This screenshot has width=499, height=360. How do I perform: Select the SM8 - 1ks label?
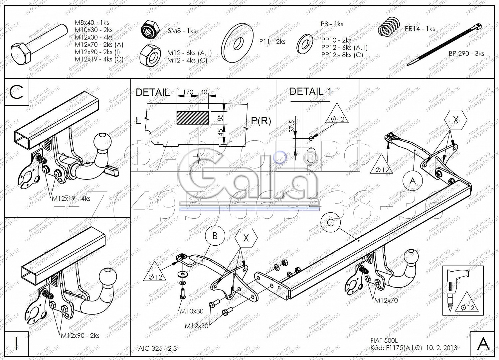click(181, 31)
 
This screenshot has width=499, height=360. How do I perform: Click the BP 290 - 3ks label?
click(466, 54)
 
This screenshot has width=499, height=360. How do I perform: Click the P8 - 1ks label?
click(331, 24)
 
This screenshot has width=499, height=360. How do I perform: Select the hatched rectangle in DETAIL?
click(193, 118)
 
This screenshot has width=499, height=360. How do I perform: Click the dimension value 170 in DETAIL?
click(188, 92)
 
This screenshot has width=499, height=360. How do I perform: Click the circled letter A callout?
click(413, 181)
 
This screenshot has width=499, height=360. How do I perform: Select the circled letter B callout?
click(215, 236)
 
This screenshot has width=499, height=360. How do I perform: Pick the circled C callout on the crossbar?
click(330, 222)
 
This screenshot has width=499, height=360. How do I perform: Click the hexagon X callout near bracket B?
click(246, 238)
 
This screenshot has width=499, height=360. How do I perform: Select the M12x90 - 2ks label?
click(80, 335)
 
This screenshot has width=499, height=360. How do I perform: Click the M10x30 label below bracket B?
click(192, 311)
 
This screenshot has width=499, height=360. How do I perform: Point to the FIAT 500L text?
click(384, 341)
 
